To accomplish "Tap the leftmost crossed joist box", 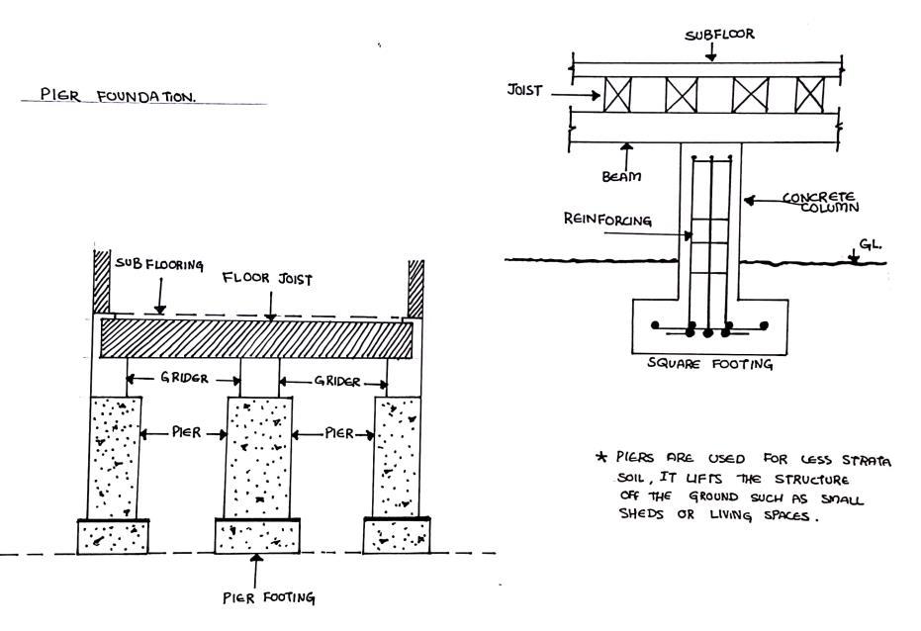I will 617,96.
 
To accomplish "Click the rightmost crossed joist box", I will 809,96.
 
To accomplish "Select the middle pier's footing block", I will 257,537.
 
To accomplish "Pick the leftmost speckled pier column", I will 115,456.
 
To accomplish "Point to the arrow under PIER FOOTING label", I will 257,572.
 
